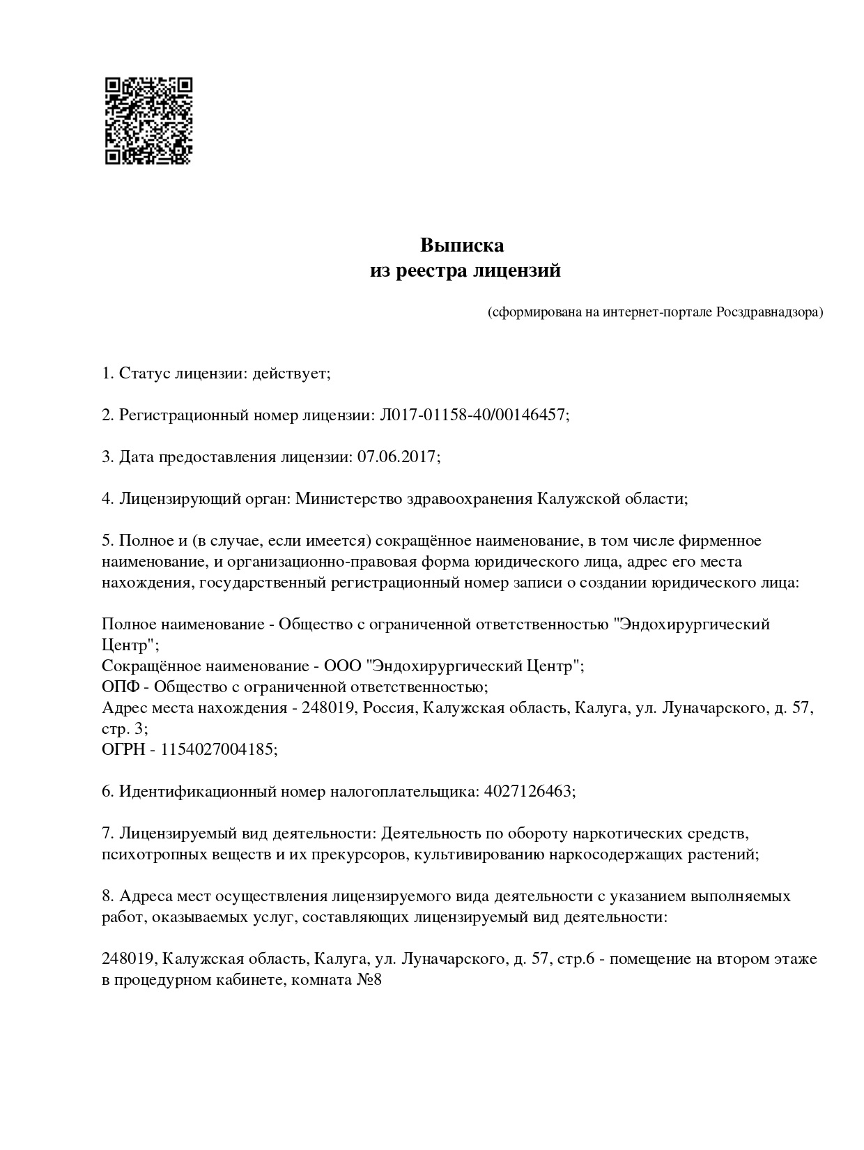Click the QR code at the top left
[x=148, y=121]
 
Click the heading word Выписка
[x=461, y=246]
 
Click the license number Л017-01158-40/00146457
[x=472, y=415]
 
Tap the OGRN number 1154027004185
[x=218, y=750]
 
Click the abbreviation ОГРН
[x=125, y=750]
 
